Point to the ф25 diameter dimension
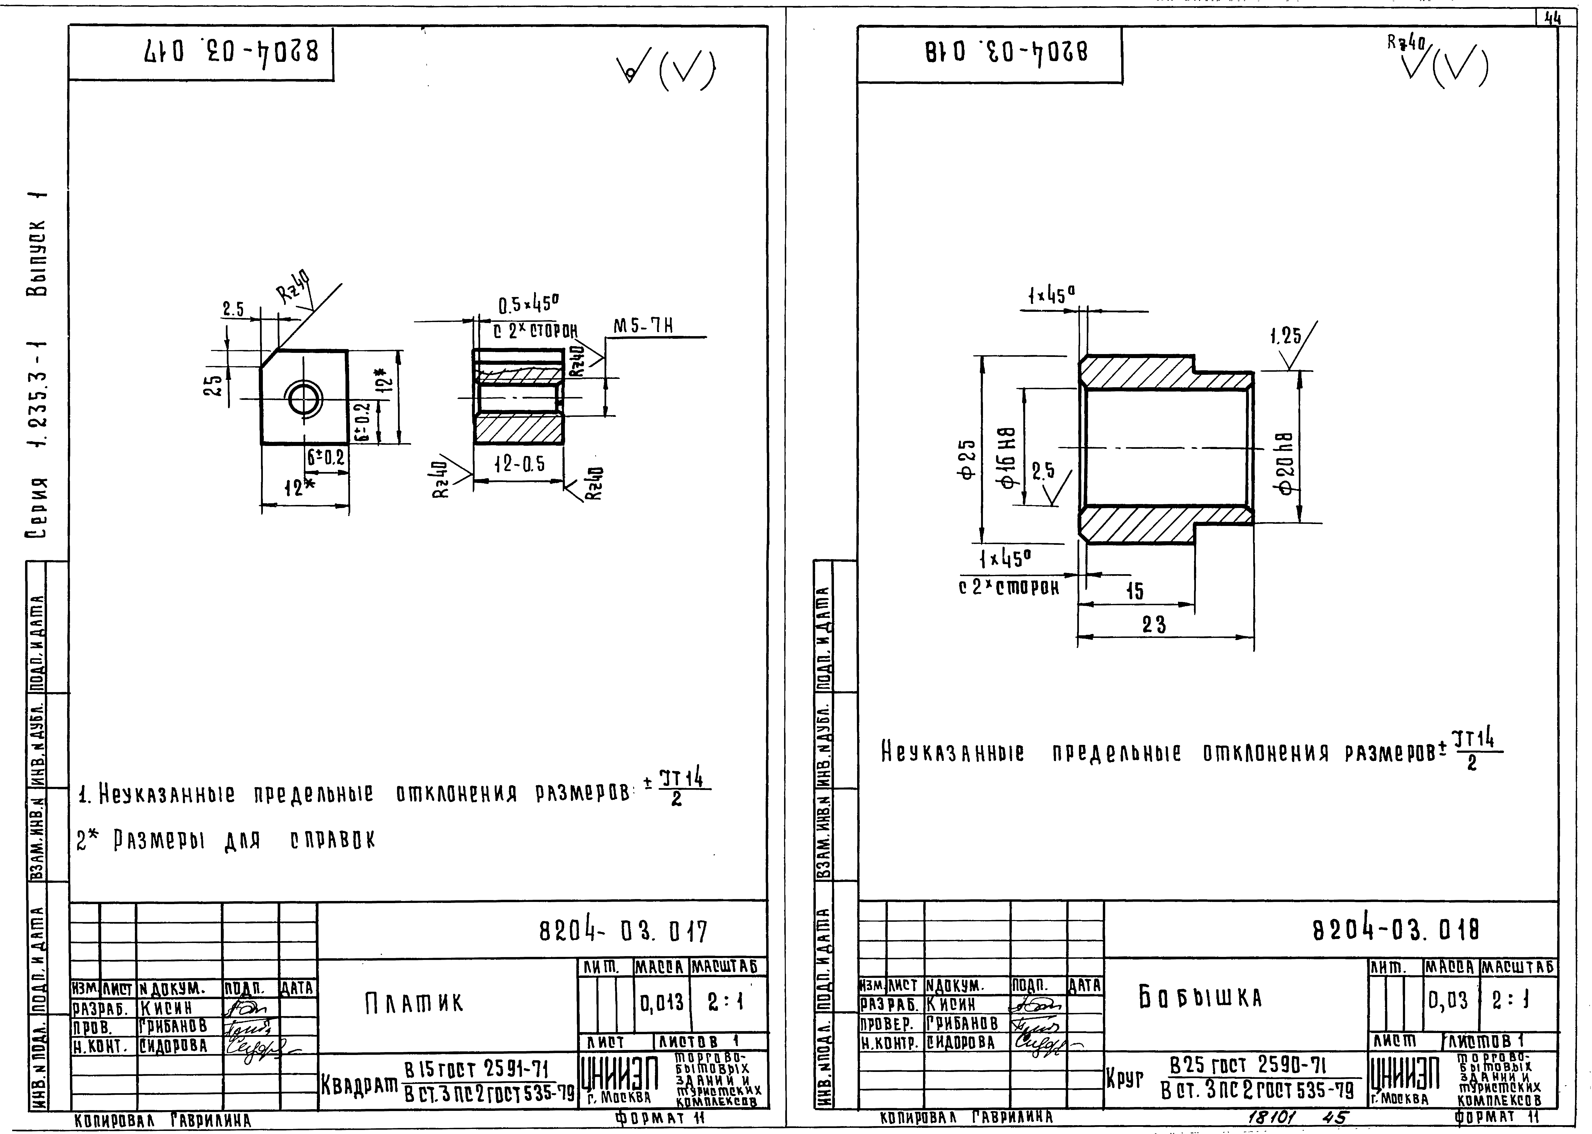[967, 460]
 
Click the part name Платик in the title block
[413, 1003]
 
